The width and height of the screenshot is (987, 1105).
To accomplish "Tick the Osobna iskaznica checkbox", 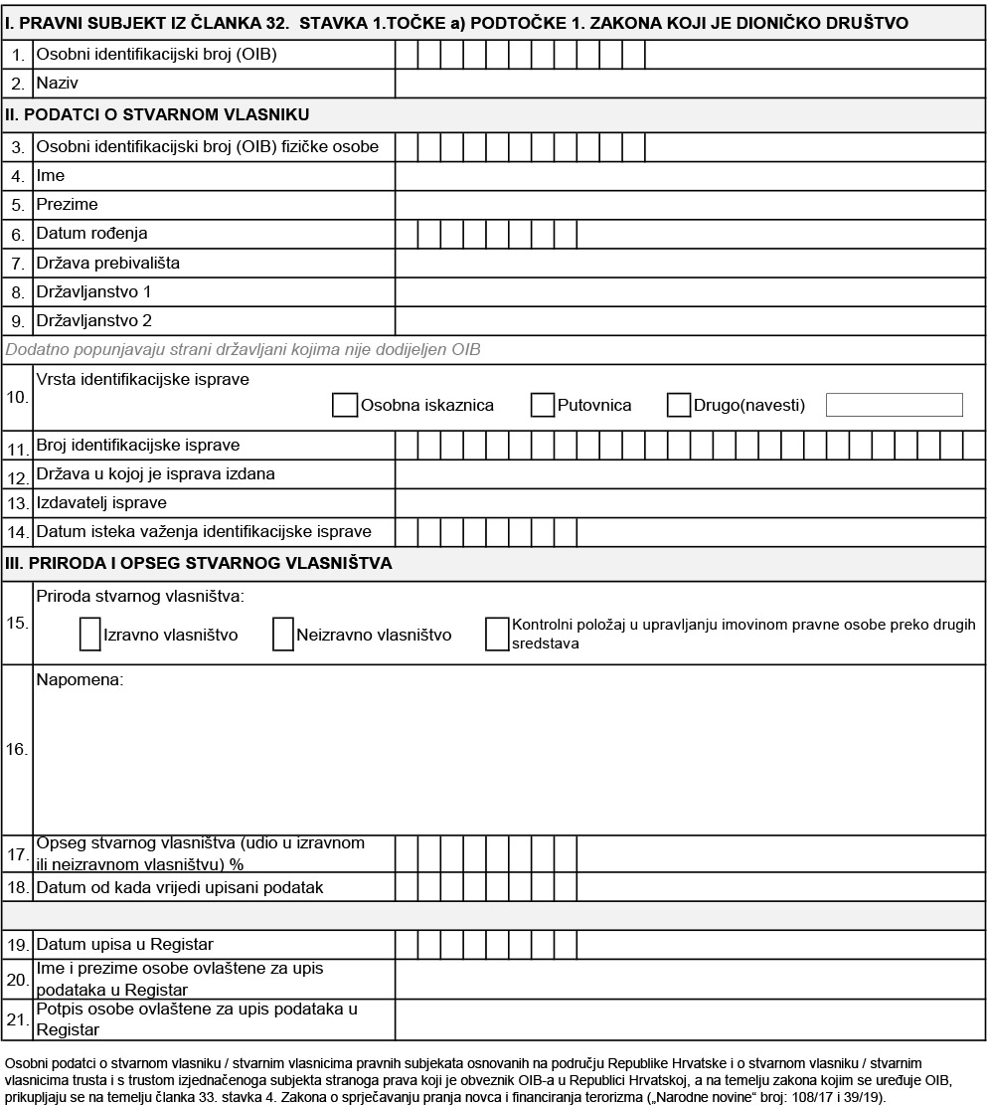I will pos(345,405).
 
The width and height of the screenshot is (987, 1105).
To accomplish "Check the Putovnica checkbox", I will pos(542,405).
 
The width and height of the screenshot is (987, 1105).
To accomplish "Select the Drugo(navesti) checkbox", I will pos(679,405).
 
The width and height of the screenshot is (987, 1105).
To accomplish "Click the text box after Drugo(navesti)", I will pos(894,405).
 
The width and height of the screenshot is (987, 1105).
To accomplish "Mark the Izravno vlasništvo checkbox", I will pos(89,634).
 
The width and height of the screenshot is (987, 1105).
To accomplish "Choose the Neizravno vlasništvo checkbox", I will pos(282,634).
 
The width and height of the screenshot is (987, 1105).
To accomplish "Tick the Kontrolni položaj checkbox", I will pos(497,634).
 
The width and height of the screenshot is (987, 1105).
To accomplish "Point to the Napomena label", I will pos(80,680).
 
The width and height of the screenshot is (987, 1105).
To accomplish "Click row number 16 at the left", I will pos(17,749).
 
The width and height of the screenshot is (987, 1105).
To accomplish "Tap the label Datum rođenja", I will pos(91,234).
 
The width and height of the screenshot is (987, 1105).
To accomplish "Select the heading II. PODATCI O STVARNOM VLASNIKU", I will pos(157,114).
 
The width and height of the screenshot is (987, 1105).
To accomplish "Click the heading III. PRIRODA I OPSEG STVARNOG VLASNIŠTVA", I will pos(199,563).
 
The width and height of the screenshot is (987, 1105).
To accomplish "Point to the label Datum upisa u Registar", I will pos(124,943).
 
